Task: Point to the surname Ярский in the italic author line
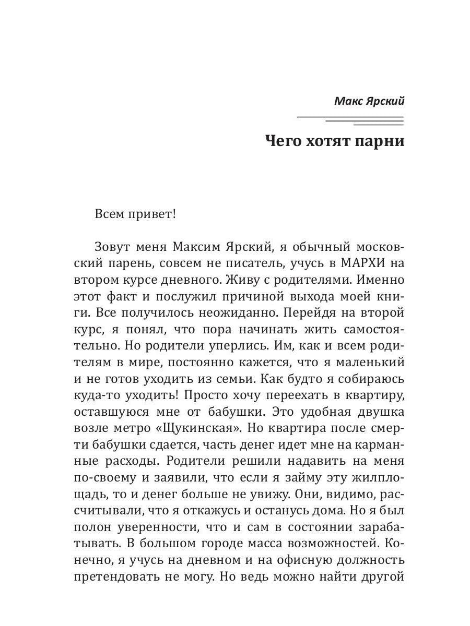point(385,101)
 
